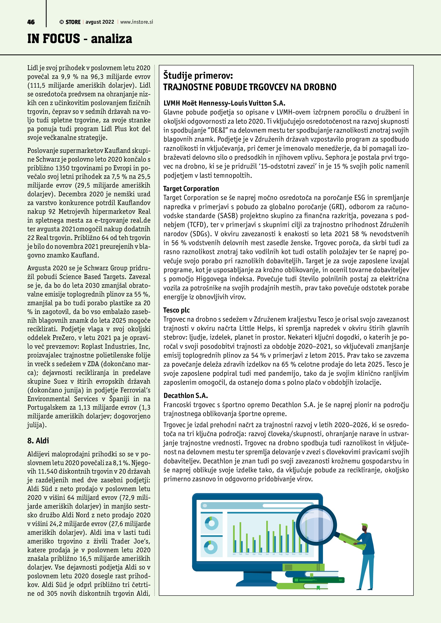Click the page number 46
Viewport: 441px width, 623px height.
(x=31, y=22)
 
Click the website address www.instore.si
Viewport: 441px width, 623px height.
(x=137, y=22)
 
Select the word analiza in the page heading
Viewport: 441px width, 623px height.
(x=111, y=39)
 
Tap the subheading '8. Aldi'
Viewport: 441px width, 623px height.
(x=38, y=440)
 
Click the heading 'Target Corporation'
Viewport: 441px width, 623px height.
(x=191, y=189)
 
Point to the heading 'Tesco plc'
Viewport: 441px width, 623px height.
(x=176, y=310)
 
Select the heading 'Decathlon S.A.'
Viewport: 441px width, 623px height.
(x=185, y=396)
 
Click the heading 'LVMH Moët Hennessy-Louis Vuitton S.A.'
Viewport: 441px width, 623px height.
(x=224, y=103)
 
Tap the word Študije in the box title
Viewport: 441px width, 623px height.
(x=180, y=75)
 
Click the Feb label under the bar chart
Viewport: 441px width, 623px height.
(x=240, y=554)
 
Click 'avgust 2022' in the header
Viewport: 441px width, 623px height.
(x=100, y=22)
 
